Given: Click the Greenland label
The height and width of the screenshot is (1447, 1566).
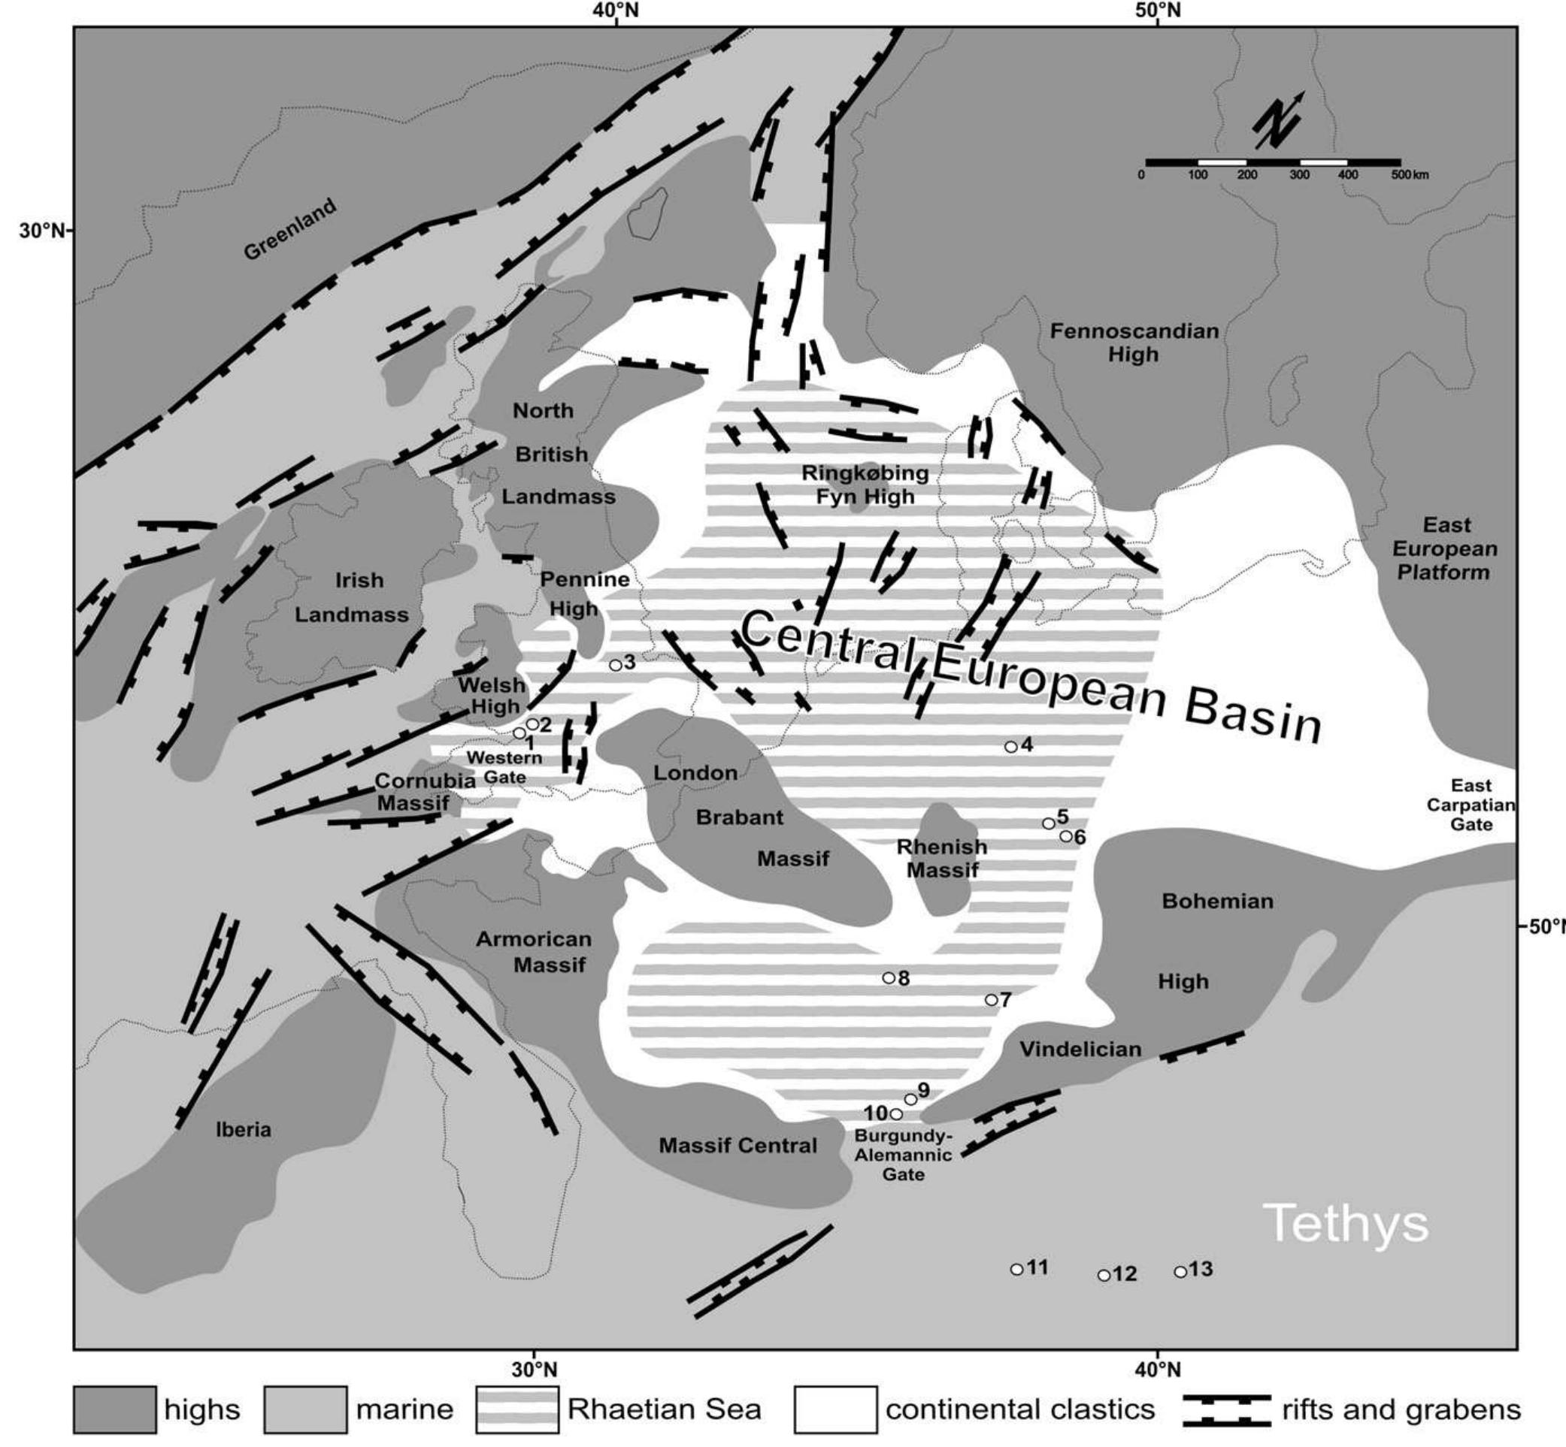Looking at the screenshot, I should [x=290, y=228].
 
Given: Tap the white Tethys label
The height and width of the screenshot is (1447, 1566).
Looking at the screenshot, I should [x=1346, y=1222].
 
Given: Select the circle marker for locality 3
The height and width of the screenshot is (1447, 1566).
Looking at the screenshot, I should [x=616, y=665].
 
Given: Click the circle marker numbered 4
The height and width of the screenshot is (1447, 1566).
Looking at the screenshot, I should [x=1010, y=747].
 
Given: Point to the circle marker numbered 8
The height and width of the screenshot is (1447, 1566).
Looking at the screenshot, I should [x=889, y=978].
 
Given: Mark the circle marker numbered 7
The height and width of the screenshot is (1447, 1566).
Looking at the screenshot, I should [x=991, y=1000].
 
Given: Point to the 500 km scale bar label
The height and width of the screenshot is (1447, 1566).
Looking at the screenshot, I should [x=1410, y=175].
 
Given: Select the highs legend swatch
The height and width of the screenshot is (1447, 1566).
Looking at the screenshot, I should [x=114, y=1410].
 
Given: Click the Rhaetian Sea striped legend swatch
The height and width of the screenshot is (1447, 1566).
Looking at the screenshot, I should [x=517, y=1410].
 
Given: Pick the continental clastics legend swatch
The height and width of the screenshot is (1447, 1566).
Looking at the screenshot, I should [x=835, y=1410].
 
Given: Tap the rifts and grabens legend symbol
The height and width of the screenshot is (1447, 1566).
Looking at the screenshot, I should [x=1227, y=1410].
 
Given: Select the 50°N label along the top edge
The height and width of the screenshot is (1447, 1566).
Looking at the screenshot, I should [x=1158, y=11].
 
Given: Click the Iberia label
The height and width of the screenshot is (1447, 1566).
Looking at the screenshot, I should [x=244, y=1130].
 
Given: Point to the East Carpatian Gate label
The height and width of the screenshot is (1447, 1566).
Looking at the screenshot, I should [x=1471, y=805].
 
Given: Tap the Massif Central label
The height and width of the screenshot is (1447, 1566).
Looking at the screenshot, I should [x=738, y=1146].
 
